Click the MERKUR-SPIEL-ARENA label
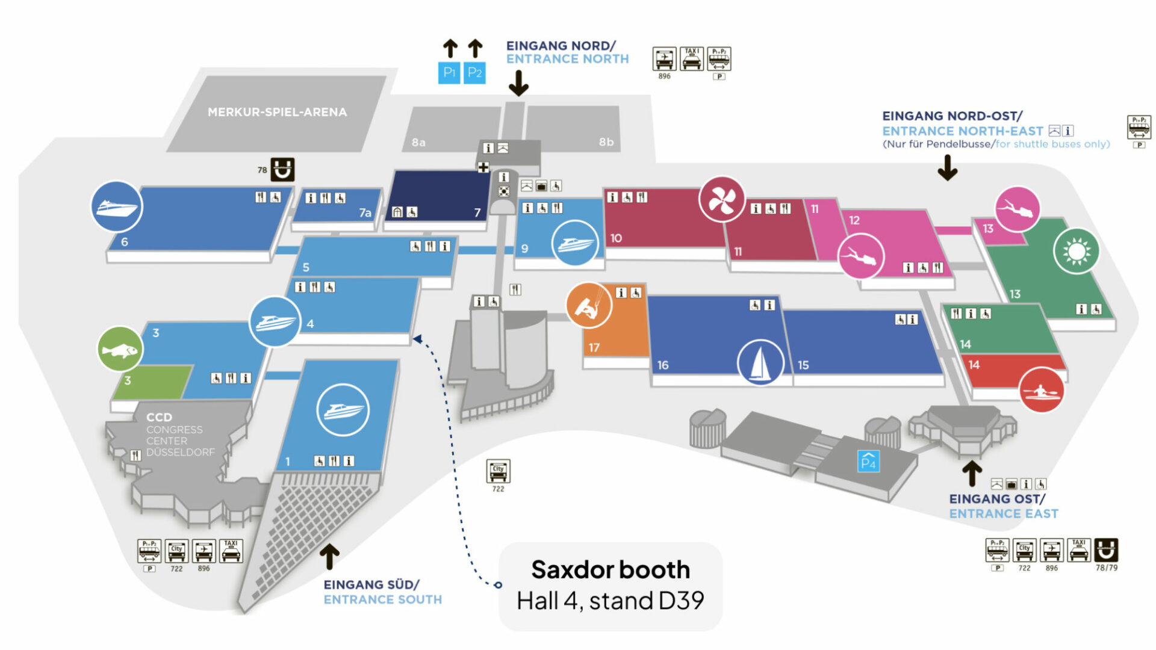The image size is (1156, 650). (x=277, y=112)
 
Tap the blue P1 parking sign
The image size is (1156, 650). (x=449, y=73)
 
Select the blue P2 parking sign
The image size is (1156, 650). (x=474, y=73)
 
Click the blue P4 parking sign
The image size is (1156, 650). (x=868, y=462)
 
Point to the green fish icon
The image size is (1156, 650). (x=120, y=349)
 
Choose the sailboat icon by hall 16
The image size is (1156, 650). (x=760, y=362)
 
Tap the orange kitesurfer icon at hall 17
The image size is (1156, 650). (x=589, y=305)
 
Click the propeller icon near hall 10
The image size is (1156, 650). (x=721, y=199)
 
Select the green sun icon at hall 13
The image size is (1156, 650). (x=1077, y=251)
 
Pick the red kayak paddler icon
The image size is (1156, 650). (x=1042, y=391)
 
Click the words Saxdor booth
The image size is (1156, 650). (x=611, y=569)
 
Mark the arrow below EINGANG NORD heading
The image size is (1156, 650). (x=518, y=83)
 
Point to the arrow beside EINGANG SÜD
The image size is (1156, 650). (x=329, y=557)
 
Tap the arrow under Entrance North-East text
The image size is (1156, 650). (x=948, y=168)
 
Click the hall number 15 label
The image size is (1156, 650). (x=803, y=365)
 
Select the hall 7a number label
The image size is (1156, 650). (x=365, y=212)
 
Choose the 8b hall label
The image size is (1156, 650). (x=606, y=142)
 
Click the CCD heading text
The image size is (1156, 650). (x=160, y=417)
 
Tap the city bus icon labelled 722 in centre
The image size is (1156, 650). (x=498, y=471)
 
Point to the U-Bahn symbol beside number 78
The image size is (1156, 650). (x=282, y=170)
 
